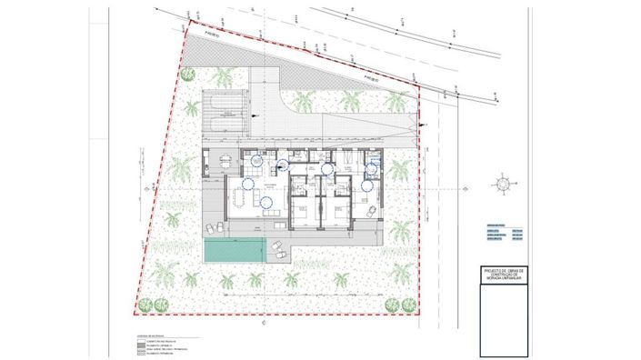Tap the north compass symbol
pos(503,184)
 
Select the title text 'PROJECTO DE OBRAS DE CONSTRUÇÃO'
pos(504,275)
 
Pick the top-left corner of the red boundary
pos(187,25)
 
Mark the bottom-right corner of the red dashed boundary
pos(419,314)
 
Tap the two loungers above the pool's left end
pos(215,228)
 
